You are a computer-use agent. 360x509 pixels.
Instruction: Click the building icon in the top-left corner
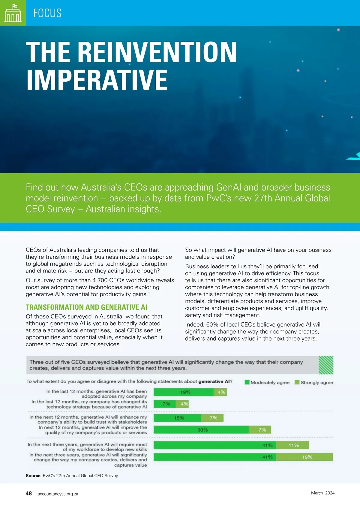(x=13, y=13)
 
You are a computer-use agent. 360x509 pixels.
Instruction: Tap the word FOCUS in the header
(x=47, y=13)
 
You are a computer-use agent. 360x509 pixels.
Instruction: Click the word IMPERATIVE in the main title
(x=97, y=80)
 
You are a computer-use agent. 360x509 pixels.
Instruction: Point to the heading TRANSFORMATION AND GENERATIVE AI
(x=86, y=307)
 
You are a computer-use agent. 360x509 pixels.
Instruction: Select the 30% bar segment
(x=201, y=430)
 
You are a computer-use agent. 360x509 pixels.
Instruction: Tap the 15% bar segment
(x=177, y=418)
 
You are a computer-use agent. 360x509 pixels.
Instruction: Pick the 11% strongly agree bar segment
(x=292, y=445)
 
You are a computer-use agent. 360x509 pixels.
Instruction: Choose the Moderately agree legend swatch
(x=247, y=382)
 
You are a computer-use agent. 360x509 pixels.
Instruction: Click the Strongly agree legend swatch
(x=297, y=382)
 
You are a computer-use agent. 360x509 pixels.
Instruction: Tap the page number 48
(x=29, y=493)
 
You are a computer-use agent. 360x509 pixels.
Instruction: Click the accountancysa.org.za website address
(x=58, y=494)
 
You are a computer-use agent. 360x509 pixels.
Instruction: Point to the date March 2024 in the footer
(x=322, y=493)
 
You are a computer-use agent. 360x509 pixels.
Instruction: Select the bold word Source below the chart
(x=33, y=475)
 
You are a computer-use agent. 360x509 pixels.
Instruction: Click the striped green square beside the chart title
(x=326, y=365)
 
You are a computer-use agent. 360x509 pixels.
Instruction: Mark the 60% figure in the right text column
(x=212, y=324)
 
